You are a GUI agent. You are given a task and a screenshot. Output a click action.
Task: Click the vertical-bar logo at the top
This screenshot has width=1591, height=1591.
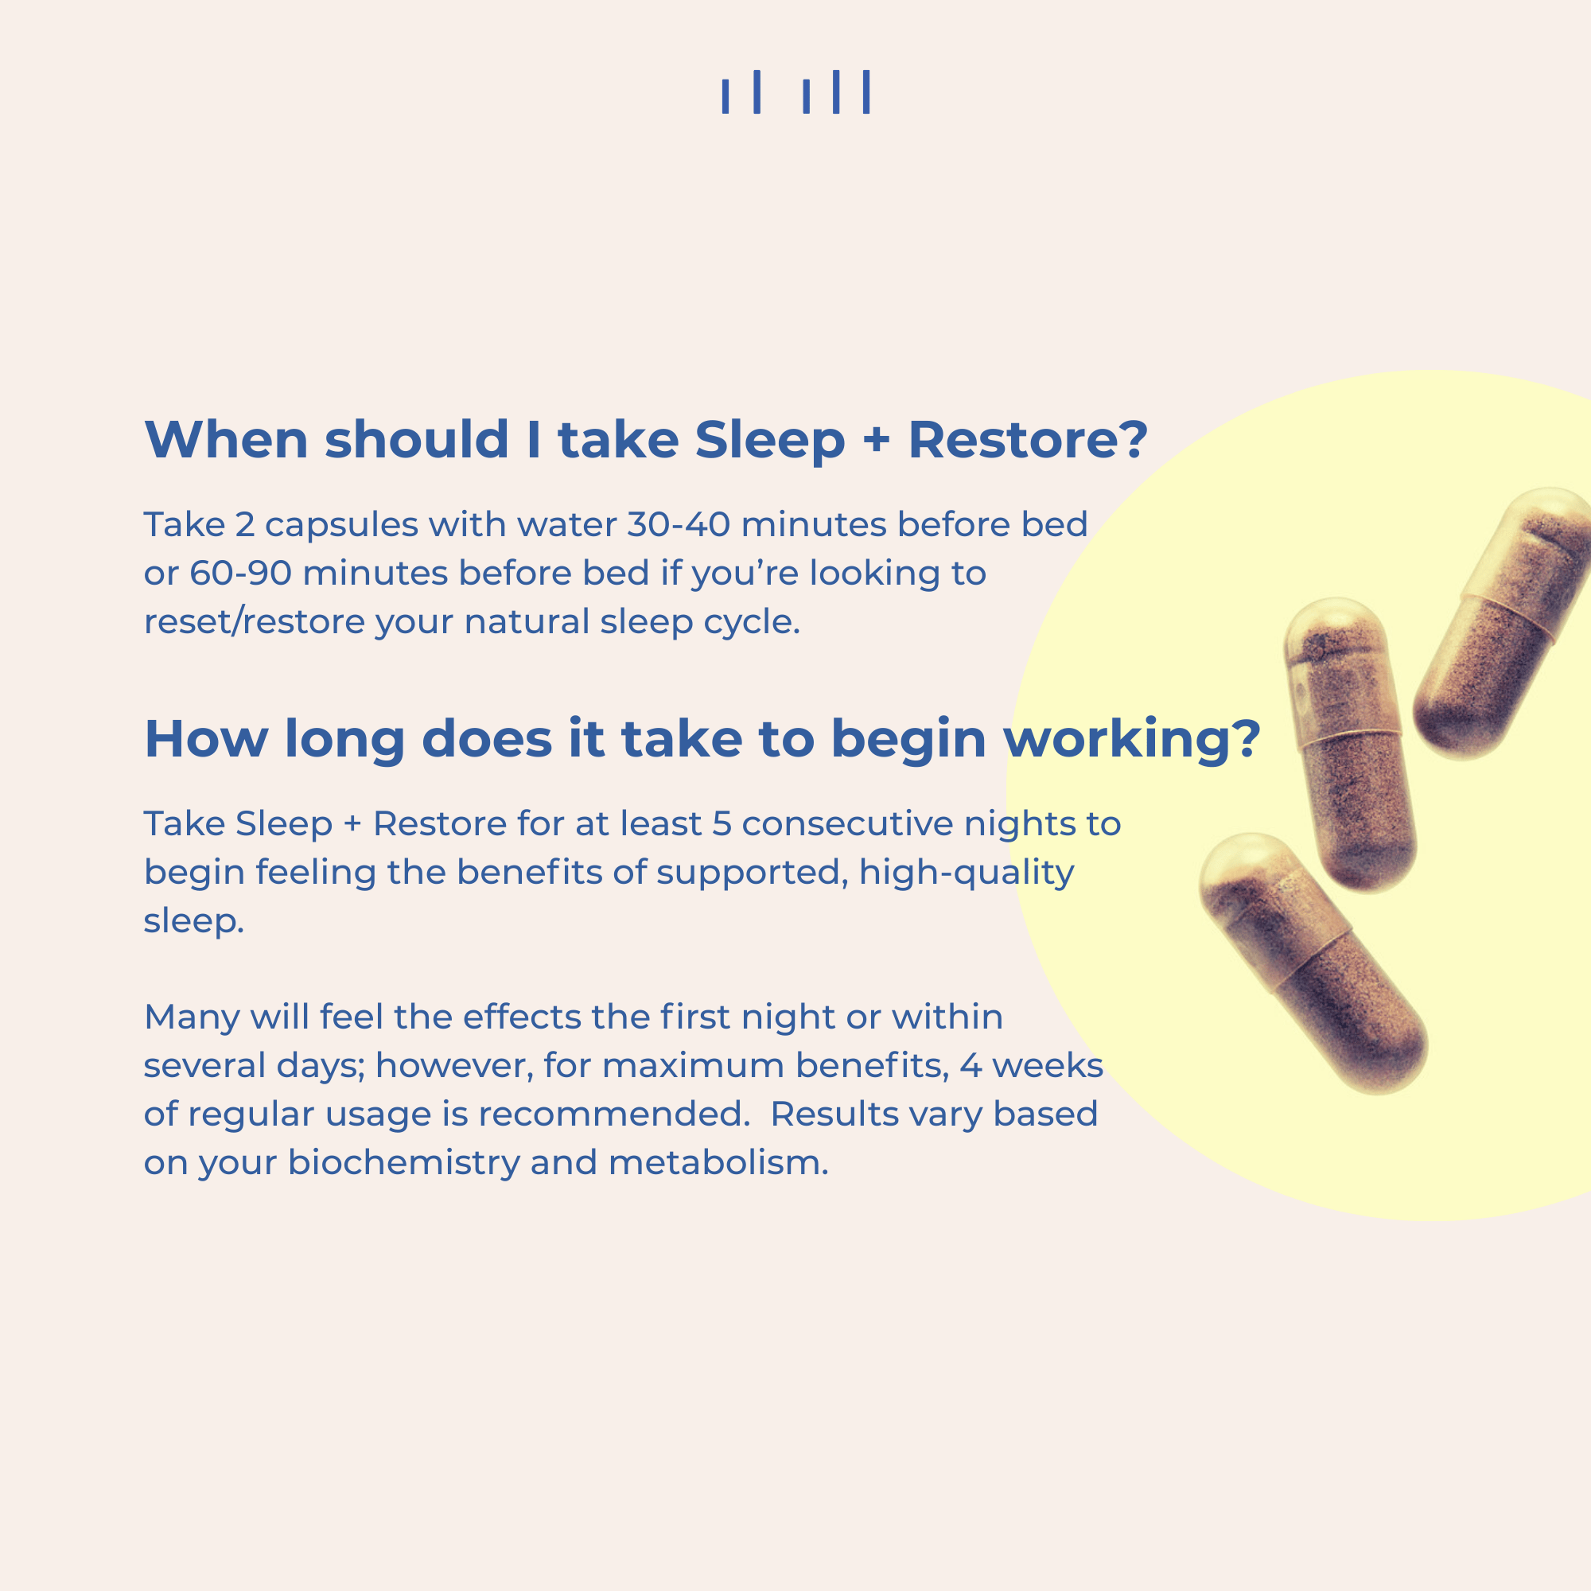coord(795,91)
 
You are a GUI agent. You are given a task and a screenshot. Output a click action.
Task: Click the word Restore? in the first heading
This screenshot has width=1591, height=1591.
coord(1027,440)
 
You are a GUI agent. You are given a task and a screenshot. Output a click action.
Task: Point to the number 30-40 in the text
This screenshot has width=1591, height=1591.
coord(678,524)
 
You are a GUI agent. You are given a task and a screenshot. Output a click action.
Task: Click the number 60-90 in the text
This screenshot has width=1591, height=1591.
coord(240,573)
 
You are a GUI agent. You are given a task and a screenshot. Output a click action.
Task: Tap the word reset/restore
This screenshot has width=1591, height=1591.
coord(254,622)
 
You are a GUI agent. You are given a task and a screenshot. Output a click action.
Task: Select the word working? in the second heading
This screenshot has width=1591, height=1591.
coord(1132,740)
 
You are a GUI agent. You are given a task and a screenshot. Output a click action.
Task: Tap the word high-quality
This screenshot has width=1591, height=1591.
coord(966,873)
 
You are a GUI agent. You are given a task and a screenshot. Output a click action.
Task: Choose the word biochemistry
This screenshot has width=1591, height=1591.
coord(403,1163)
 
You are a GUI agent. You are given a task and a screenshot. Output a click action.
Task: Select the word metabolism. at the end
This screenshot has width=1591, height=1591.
coord(718,1163)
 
